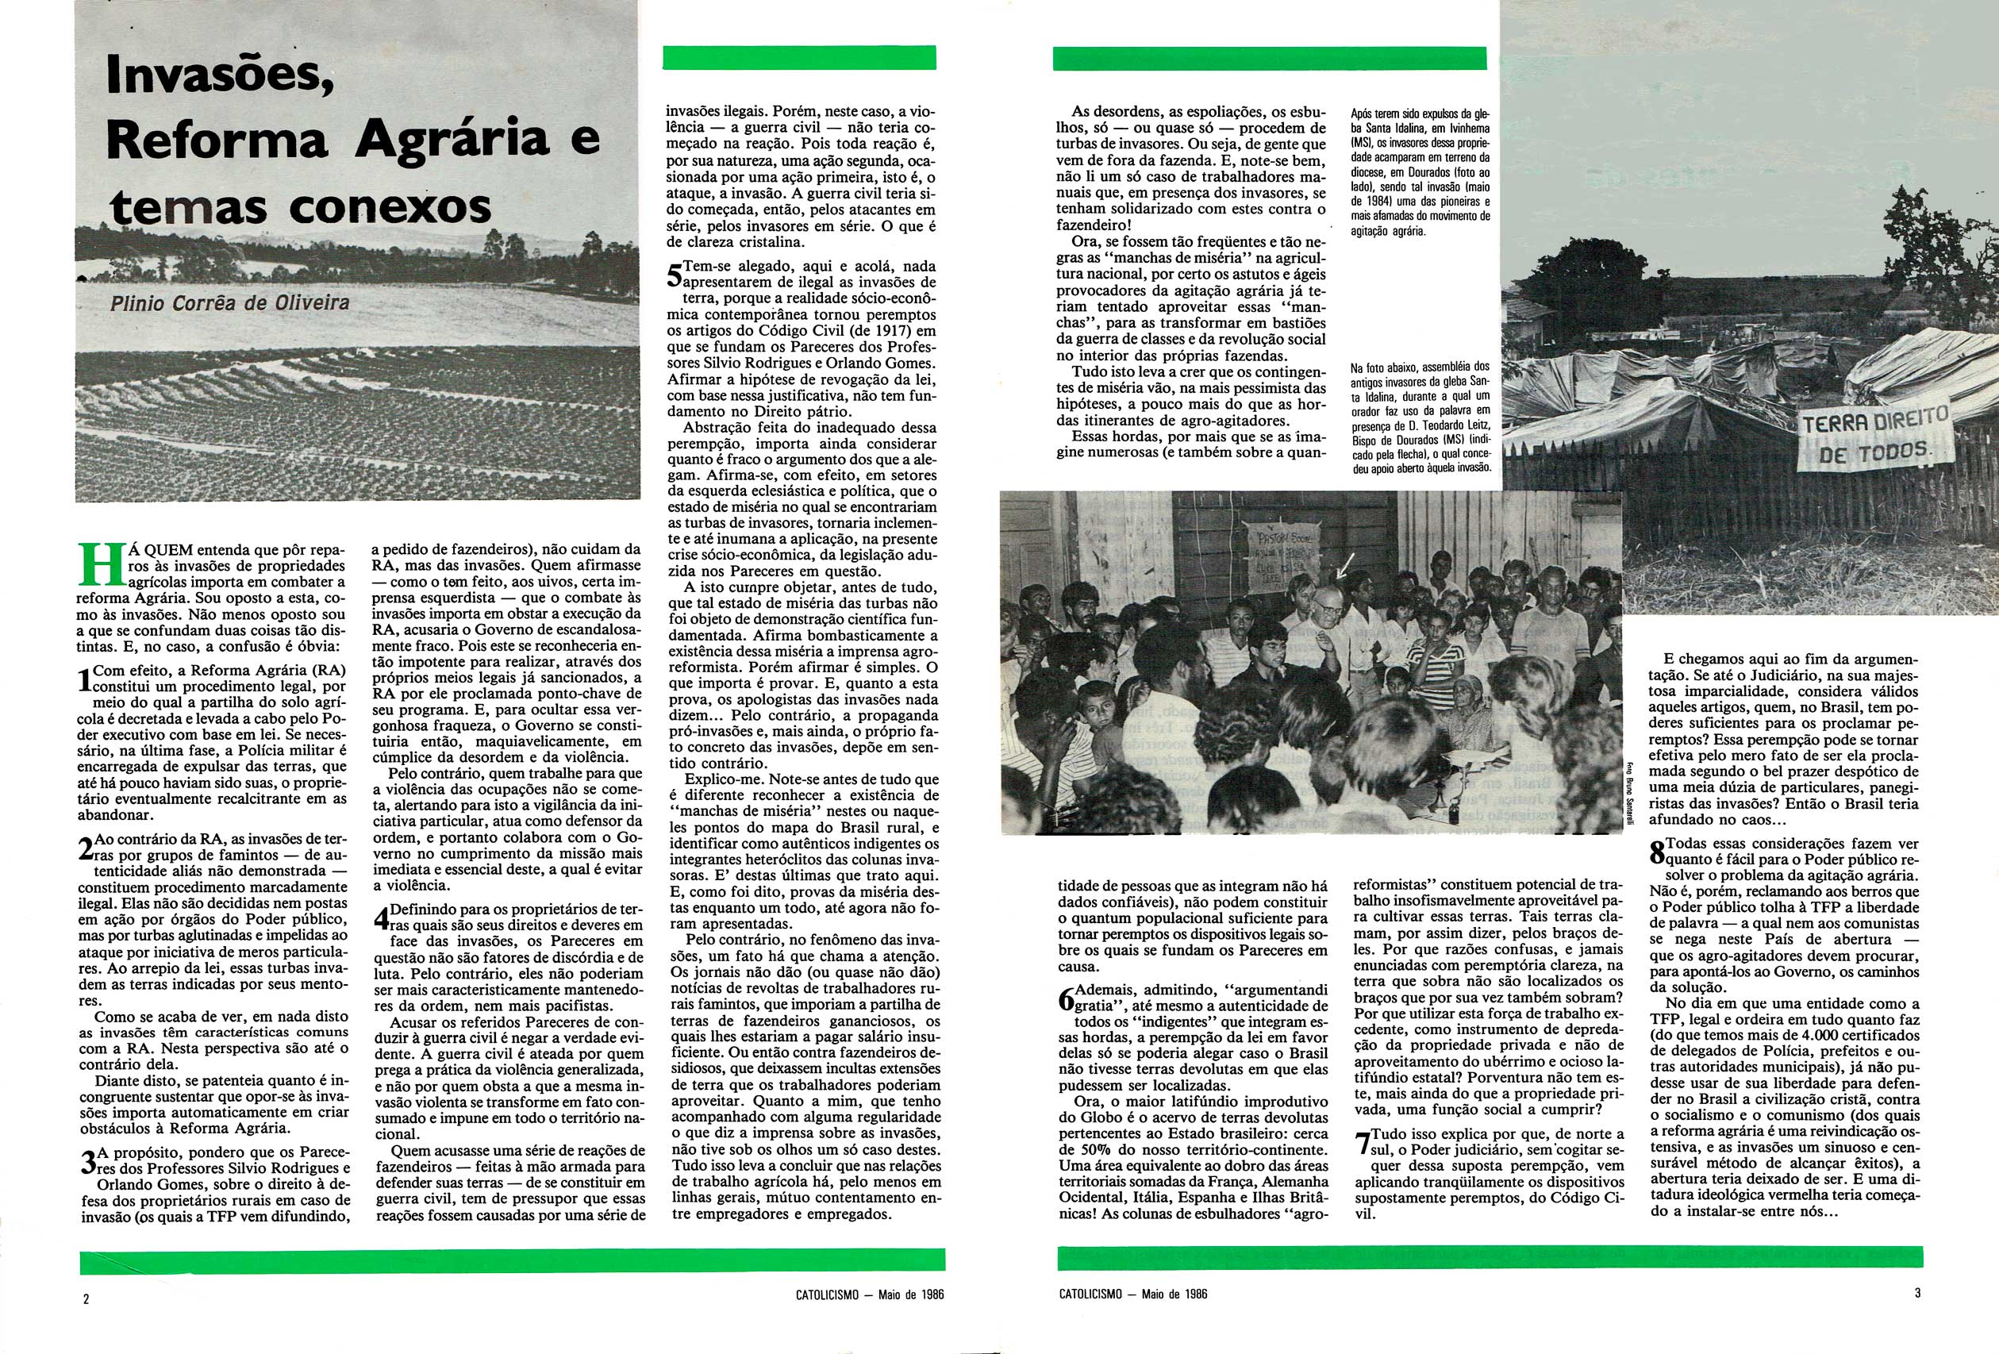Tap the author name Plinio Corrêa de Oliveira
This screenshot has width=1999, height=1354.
tap(229, 303)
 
